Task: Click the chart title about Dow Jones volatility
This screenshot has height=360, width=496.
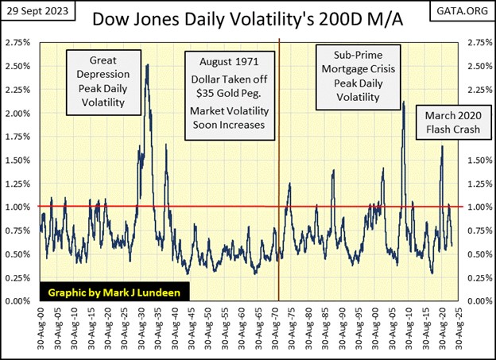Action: pyautogui.click(x=248, y=17)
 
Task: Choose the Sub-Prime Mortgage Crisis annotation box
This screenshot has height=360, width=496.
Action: pyautogui.click(x=354, y=75)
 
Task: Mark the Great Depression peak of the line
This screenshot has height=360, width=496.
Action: pyautogui.click(x=147, y=65)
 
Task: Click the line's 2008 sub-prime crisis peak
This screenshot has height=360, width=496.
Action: pyautogui.click(x=404, y=103)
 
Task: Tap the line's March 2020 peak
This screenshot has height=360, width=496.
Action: pyautogui.click(x=442, y=146)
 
